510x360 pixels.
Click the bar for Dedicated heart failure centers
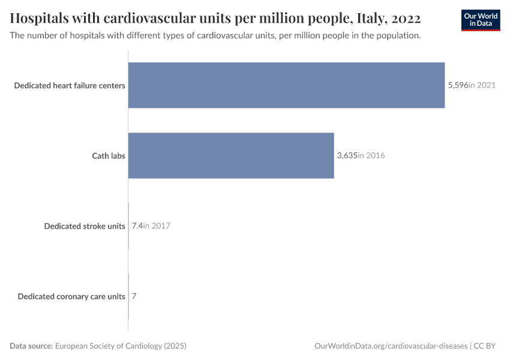tap(286, 85)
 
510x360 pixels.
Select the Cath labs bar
tap(231, 155)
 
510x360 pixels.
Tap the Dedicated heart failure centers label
tap(70, 85)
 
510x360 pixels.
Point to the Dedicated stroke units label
tap(85, 226)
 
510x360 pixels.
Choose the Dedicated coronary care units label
tap(71, 296)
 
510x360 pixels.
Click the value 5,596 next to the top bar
tap(458, 85)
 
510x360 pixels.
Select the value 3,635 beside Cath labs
tap(347, 155)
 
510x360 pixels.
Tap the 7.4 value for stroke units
tap(137, 226)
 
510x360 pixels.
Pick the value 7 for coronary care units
tap(134, 296)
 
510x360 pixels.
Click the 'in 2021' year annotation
tap(482, 85)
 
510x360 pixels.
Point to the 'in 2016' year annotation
tap(371, 155)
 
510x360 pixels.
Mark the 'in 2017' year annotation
tap(157, 226)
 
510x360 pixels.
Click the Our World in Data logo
tap(480, 20)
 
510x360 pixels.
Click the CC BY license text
tap(484, 346)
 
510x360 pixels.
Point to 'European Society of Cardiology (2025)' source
tap(121, 346)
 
